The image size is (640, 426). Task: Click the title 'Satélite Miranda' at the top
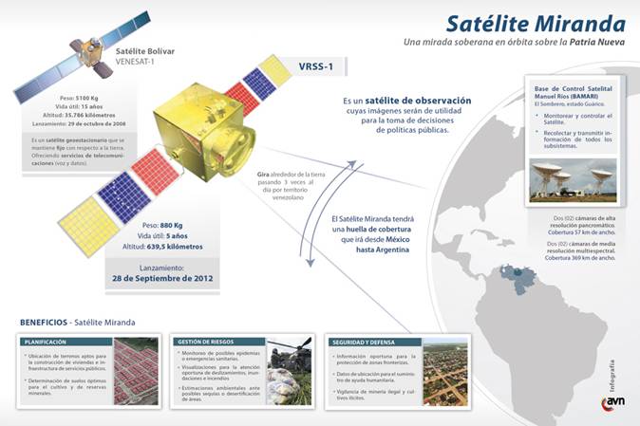point(536,23)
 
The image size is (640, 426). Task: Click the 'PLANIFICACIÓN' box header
point(45,340)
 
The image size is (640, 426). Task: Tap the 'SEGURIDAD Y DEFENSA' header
point(361,340)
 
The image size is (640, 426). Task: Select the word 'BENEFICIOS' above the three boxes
point(45,322)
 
